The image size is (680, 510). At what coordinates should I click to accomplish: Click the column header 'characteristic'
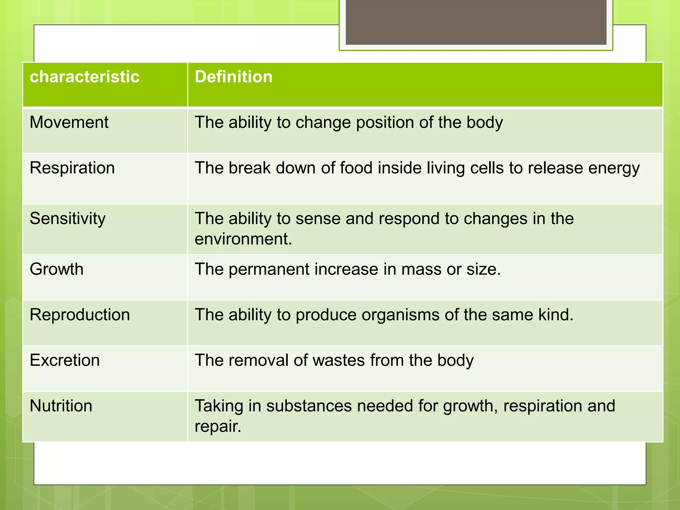[x=84, y=77]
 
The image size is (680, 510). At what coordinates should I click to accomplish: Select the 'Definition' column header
[x=233, y=77]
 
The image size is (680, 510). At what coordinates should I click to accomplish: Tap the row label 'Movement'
[x=69, y=122]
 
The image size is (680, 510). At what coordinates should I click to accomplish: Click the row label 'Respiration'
[x=72, y=168]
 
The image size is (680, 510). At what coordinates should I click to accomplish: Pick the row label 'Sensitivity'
[x=67, y=218]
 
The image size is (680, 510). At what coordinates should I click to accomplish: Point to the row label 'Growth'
[x=56, y=269]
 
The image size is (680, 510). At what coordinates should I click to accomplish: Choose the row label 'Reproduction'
[x=80, y=314]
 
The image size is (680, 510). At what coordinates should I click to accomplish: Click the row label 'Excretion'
[x=64, y=360]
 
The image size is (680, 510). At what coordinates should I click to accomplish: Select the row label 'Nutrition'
[x=61, y=406]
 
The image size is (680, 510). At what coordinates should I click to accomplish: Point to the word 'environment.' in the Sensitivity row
[x=243, y=239]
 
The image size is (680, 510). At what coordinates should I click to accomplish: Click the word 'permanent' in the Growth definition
[x=269, y=269]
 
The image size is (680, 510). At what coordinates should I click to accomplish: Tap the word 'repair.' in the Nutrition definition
[x=217, y=426]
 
